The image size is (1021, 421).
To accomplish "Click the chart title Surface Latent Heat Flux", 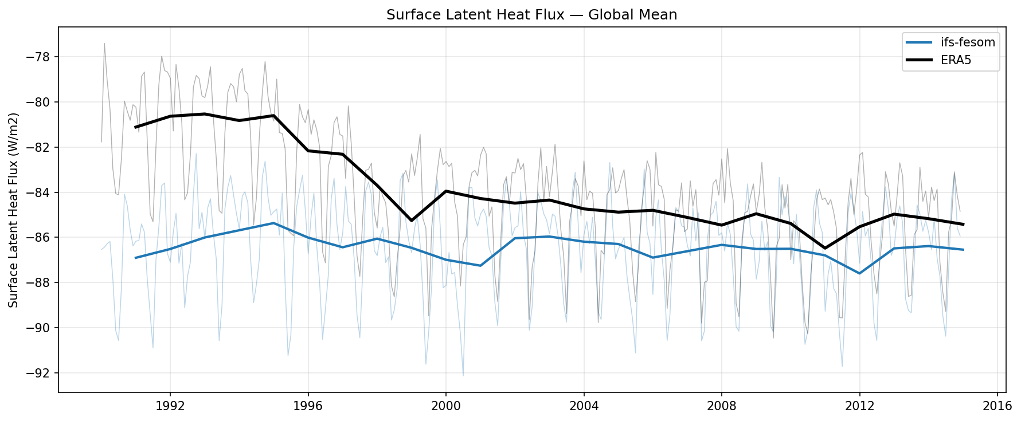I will [531, 15].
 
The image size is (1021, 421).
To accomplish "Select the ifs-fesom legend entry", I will [967, 42].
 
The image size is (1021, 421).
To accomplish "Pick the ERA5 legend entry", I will [956, 60].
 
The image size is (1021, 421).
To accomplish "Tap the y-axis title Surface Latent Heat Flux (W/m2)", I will [14, 210].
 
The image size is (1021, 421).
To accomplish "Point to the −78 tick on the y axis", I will [42, 57].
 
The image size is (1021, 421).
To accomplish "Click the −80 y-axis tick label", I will [42, 103].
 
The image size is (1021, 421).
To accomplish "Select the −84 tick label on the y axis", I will [42, 192].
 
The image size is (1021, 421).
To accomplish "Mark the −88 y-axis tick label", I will [42, 283].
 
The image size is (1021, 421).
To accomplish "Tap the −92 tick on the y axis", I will [42, 373].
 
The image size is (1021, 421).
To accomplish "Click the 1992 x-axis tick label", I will [170, 406].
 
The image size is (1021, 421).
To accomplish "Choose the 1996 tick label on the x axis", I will [308, 406].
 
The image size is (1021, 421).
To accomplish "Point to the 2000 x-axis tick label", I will [446, 406].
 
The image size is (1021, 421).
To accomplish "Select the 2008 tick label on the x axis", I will [722, 406].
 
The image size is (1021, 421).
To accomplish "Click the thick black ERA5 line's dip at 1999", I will [412, 221].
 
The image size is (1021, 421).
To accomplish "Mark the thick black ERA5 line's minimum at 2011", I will [825, 249].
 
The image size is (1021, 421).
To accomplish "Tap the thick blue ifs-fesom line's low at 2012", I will [859, 273].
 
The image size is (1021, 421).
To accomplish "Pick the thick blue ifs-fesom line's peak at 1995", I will [273, 223].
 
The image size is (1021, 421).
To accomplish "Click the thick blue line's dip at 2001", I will [480, 265].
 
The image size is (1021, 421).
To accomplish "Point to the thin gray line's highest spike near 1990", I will [104, 43].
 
